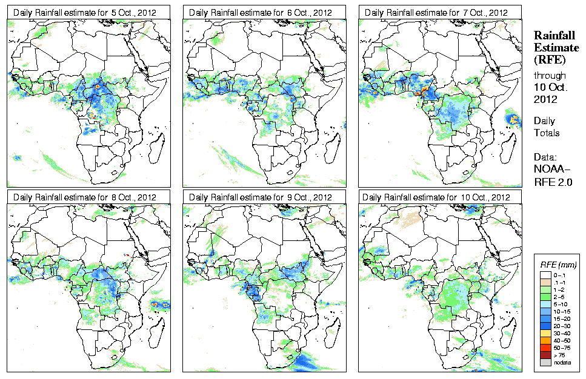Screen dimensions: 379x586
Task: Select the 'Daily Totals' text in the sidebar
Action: tap(546, 127)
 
